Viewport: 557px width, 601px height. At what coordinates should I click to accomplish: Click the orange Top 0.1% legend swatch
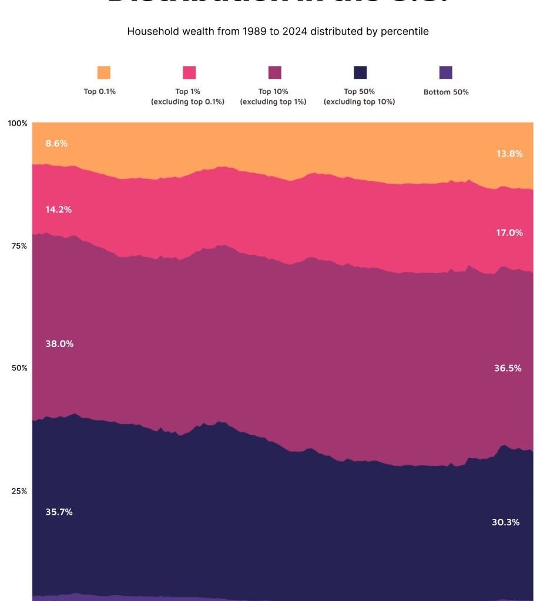pyautogui.click(x=103, y=73)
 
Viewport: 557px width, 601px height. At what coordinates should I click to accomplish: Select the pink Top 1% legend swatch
pyautogui.click(x=189, y=73)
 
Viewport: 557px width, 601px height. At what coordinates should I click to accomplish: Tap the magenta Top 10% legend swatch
pyautogui.click(x=274, y=73)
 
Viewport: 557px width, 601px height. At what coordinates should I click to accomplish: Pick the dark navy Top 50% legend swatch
pyautogui.click(x=360, y=73)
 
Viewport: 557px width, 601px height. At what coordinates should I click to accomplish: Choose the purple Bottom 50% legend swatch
pyautogui.click(x=446, y=73)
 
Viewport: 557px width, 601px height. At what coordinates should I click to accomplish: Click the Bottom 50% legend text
pyautogui.click(x=446, y=92)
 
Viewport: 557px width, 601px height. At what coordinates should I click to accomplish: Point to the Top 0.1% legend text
pyautogui.click(x=99, y=92)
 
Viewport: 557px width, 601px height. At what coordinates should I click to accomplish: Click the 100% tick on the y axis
pyautogui.click(x=18, y=123)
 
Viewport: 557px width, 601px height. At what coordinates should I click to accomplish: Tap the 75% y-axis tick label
pyautogui.click(x=19, y=246)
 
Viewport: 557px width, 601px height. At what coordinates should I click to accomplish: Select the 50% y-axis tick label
pyautogui.click(x=19, y=368)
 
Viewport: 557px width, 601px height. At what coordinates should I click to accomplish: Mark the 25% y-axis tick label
pyautogui.click(x=19, y=491)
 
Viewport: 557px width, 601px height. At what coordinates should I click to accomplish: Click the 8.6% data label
pyautogui.click(x=56, y=143)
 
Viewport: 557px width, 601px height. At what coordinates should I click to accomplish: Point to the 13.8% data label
pyautogui.click(x=509, y=154)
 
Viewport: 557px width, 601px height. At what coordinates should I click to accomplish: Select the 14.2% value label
pyautogui.click(x=59, y=210)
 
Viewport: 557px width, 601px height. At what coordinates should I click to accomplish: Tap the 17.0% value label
pyautogui.click(x=509, y=232)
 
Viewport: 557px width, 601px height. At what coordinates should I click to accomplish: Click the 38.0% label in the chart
pyautogui.click(x=59, y=344)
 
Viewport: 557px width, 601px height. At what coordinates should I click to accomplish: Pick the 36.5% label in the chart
pyautogui.click(x=508, y=369)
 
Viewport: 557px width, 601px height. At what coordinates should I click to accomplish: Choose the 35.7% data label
pyautogui.click(x=59, y=512)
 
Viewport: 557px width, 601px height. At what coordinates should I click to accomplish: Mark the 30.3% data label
pyautogui.click(x=505, y=522)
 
